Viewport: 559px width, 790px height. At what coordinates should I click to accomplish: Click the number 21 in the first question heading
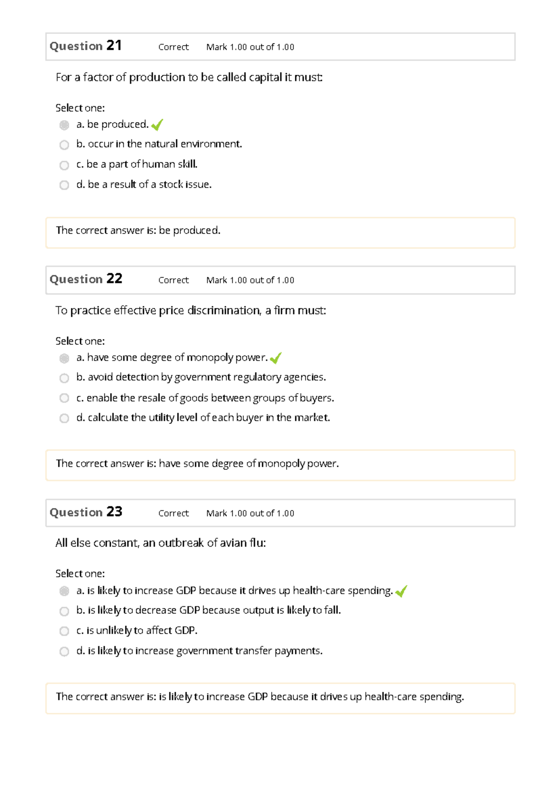(114, 46)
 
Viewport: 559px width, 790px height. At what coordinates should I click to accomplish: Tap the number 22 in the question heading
(114, 279)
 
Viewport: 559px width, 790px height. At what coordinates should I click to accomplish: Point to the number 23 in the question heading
(114, 512)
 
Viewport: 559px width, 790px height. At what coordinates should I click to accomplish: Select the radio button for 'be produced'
(64, 125)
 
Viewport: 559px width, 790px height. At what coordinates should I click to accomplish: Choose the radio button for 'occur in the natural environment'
(64, 145)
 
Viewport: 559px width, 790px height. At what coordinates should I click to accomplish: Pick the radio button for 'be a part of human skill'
(64, 165)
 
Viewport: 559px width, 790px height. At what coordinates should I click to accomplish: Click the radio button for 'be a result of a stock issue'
(64, 185)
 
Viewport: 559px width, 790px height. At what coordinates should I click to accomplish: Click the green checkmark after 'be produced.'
(157, 125)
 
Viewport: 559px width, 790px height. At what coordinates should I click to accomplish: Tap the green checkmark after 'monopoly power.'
(275, 358)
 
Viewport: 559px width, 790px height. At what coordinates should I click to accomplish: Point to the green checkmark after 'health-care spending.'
(401, 591)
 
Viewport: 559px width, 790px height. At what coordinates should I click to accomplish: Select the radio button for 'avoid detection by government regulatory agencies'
(64, 378)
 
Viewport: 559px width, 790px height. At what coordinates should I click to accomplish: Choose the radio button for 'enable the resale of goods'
(64, 398)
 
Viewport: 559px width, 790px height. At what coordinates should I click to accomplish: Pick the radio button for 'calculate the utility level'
(64, 418)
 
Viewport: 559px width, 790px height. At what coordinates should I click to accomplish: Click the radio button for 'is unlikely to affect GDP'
(64, 631)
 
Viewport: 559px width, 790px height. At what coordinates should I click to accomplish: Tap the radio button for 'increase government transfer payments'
(64, 651)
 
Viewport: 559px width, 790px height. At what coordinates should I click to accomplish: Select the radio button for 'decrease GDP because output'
(64, 611)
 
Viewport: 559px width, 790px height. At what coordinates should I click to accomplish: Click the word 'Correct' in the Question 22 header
(173, 280)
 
